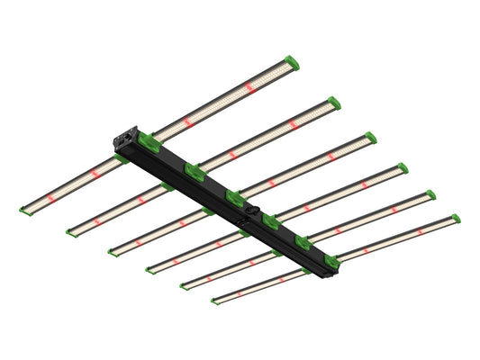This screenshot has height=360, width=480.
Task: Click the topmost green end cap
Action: coord(291,64)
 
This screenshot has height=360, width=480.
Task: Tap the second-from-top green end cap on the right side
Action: coord(333,103)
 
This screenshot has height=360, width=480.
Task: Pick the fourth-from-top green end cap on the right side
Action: coord(402,167)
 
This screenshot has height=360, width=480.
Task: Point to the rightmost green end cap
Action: coord(455,219)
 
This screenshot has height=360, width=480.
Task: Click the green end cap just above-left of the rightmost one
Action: coord(430,194)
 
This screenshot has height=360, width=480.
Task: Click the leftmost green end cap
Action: coord(24,209)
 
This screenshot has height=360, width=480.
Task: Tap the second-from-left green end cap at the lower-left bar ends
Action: coord(71,232)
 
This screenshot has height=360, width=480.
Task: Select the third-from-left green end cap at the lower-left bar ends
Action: coord(113,251)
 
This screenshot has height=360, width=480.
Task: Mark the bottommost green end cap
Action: coord(215,298)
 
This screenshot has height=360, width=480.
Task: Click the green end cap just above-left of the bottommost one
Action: coord(184,285)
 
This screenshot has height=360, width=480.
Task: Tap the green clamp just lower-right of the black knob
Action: coord(271,220)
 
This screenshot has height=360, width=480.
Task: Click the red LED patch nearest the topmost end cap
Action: coord(249,87)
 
